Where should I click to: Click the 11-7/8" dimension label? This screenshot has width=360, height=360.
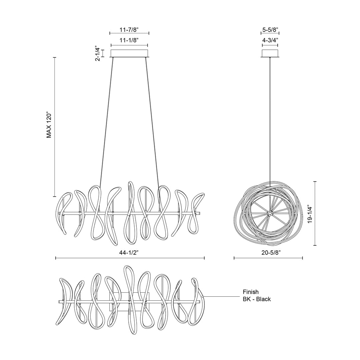(129, 30)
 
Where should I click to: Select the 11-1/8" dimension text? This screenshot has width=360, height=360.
(129, 40)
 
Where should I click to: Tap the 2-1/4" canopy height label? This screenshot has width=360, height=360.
(97, 53)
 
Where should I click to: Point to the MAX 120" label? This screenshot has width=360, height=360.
(49, 125)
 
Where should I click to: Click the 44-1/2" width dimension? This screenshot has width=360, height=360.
(129, 253)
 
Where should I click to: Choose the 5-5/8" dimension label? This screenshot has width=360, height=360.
(270, 30)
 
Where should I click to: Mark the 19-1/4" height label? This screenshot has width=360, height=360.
(310, 214)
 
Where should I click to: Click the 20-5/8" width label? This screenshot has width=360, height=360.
(268, 253)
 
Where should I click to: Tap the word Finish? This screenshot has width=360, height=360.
(250, 292)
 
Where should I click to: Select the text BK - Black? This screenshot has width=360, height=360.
(257, 299)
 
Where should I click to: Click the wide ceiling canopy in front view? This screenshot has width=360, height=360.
(129, 53)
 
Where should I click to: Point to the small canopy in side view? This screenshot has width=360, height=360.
(270, 53)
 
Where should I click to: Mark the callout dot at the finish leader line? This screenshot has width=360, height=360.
(203, 296)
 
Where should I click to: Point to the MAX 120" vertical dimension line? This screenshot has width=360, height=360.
(55, 127)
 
